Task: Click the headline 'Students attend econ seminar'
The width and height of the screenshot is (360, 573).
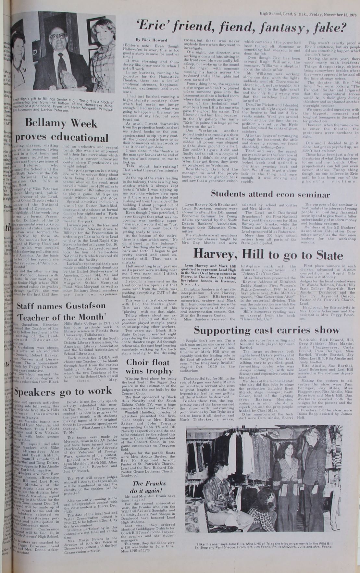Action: (270, 194)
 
